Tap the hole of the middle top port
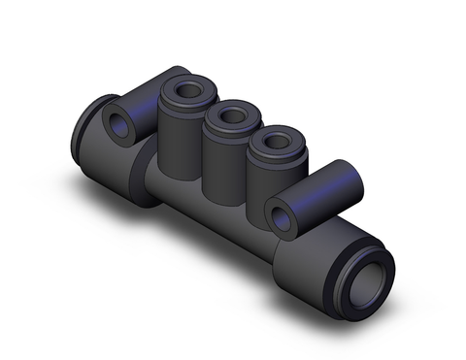coord(230,116)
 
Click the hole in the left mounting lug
coord(123,123)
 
